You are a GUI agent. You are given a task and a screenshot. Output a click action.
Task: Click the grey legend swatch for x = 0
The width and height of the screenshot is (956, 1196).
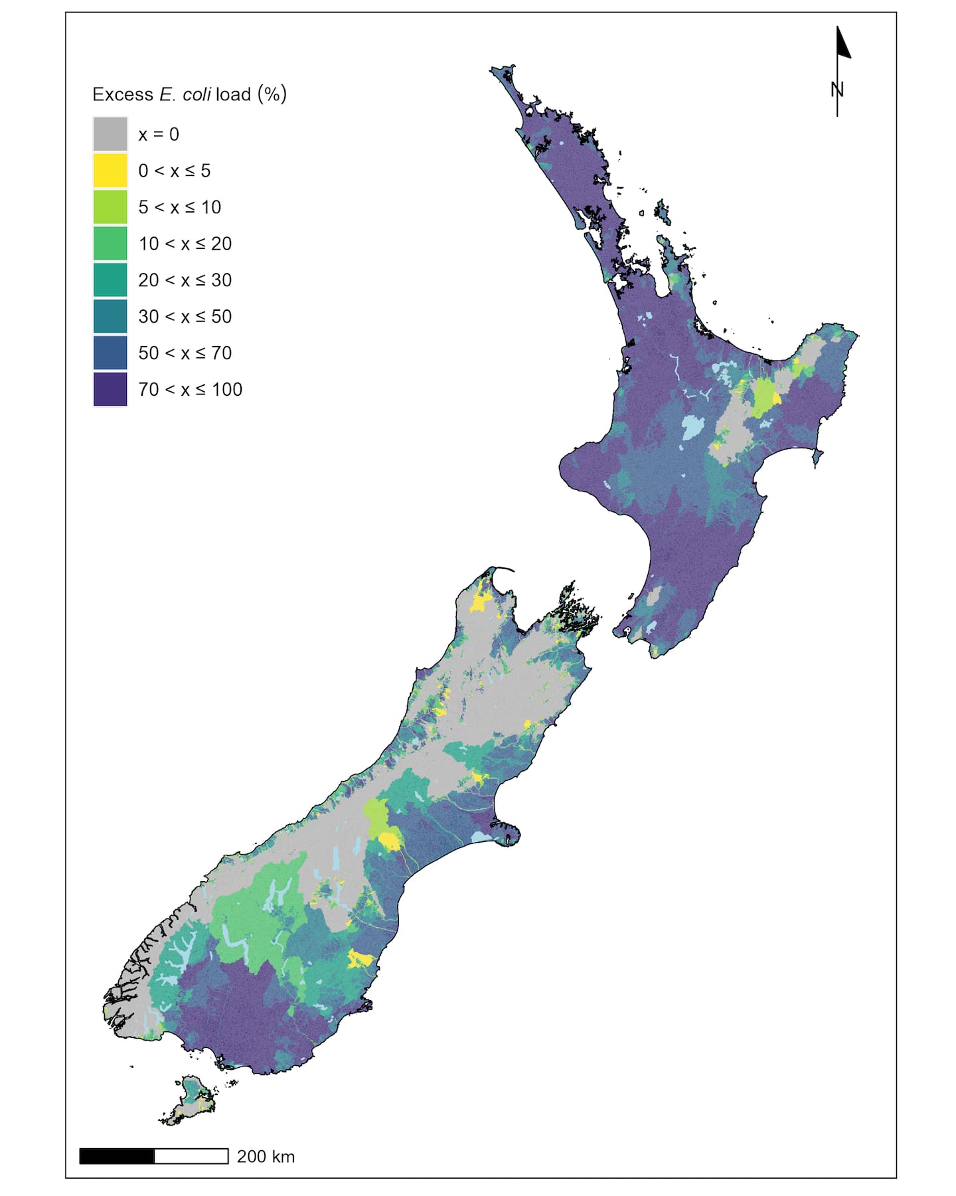pos(110,134)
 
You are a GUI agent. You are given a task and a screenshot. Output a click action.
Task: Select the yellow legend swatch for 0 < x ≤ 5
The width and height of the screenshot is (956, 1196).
pos(110,171)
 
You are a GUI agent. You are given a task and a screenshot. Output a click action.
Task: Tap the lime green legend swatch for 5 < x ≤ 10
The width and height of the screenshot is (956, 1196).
pos(110,207)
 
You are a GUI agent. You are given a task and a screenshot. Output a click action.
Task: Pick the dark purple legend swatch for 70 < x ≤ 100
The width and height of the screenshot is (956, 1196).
pos(110,389)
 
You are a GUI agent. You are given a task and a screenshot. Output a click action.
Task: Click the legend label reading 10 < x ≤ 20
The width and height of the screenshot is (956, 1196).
pos(185,244)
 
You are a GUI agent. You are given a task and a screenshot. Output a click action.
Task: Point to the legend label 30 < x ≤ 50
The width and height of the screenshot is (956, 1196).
pos(185,317)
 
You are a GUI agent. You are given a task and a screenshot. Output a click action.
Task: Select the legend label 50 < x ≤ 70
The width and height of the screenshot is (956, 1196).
pos(185,353)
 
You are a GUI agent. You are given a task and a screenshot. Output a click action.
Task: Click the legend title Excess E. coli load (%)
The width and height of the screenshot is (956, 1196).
pos(189,94)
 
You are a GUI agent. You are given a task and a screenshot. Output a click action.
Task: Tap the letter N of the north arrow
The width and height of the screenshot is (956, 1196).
pos(837,89)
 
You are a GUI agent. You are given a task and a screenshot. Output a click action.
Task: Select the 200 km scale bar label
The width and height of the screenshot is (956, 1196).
pos(266,1156)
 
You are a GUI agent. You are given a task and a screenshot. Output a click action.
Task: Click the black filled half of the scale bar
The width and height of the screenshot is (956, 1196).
pos(117,1156)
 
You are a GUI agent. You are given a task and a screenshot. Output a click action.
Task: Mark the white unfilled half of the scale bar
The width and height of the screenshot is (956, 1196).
pos(191,1156)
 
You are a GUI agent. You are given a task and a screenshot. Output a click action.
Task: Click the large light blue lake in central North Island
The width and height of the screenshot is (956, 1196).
pos(692,427)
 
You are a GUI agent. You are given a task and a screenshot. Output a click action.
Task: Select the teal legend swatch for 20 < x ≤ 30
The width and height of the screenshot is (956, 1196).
pos(110,280)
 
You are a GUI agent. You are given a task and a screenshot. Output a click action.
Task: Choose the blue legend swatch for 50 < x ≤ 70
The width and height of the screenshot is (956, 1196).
pos(110,353)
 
